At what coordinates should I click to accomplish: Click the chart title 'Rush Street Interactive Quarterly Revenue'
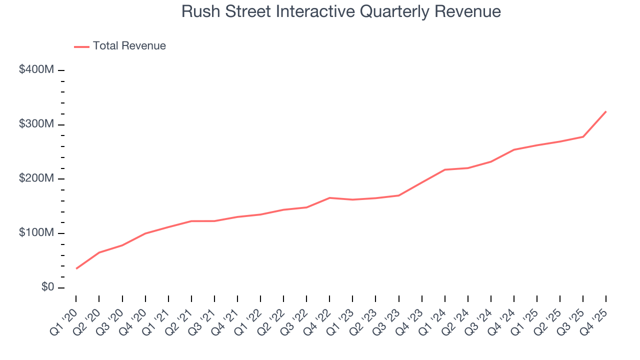[341, 11]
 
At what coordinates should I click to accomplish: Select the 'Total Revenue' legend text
[129, 46]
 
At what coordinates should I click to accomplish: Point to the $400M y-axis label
[36, 70]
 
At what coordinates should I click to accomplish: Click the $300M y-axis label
[36, 124]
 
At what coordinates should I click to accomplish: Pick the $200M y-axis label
[36, 179]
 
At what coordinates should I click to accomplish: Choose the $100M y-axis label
[36, 233]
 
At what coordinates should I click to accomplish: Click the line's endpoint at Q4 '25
[606, 111]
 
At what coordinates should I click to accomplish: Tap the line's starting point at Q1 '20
[76, 268]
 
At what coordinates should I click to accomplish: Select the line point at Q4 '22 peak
[329, 198]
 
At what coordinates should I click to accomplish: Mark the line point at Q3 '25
[583, 136]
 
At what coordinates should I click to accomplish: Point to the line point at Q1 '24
[444, 169]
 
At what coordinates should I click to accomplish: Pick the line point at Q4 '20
[145, 233]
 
